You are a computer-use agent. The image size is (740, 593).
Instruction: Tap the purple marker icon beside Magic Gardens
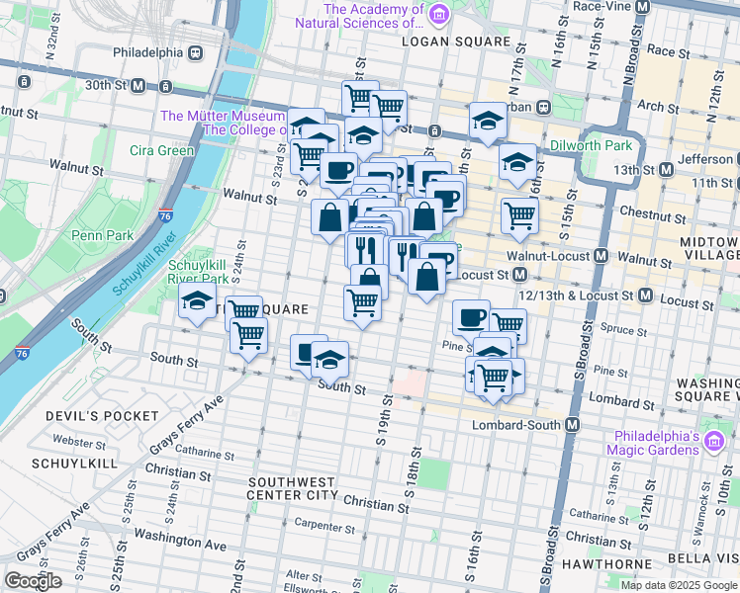click(711, 448)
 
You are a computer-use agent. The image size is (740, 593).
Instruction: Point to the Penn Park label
click(95, 235)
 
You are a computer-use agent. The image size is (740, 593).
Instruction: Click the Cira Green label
click(161, 150)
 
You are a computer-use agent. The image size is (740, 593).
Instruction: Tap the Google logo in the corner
click(33, 581)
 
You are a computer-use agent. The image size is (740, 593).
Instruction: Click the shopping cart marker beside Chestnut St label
click(519, 215)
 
